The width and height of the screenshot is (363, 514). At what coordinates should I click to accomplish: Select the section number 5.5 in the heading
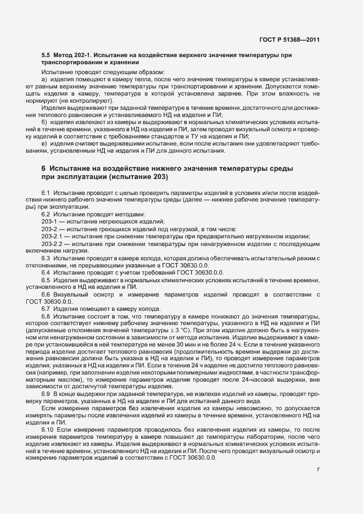(46, 56)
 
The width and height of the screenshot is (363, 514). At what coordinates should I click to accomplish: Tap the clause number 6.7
(46, 309)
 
